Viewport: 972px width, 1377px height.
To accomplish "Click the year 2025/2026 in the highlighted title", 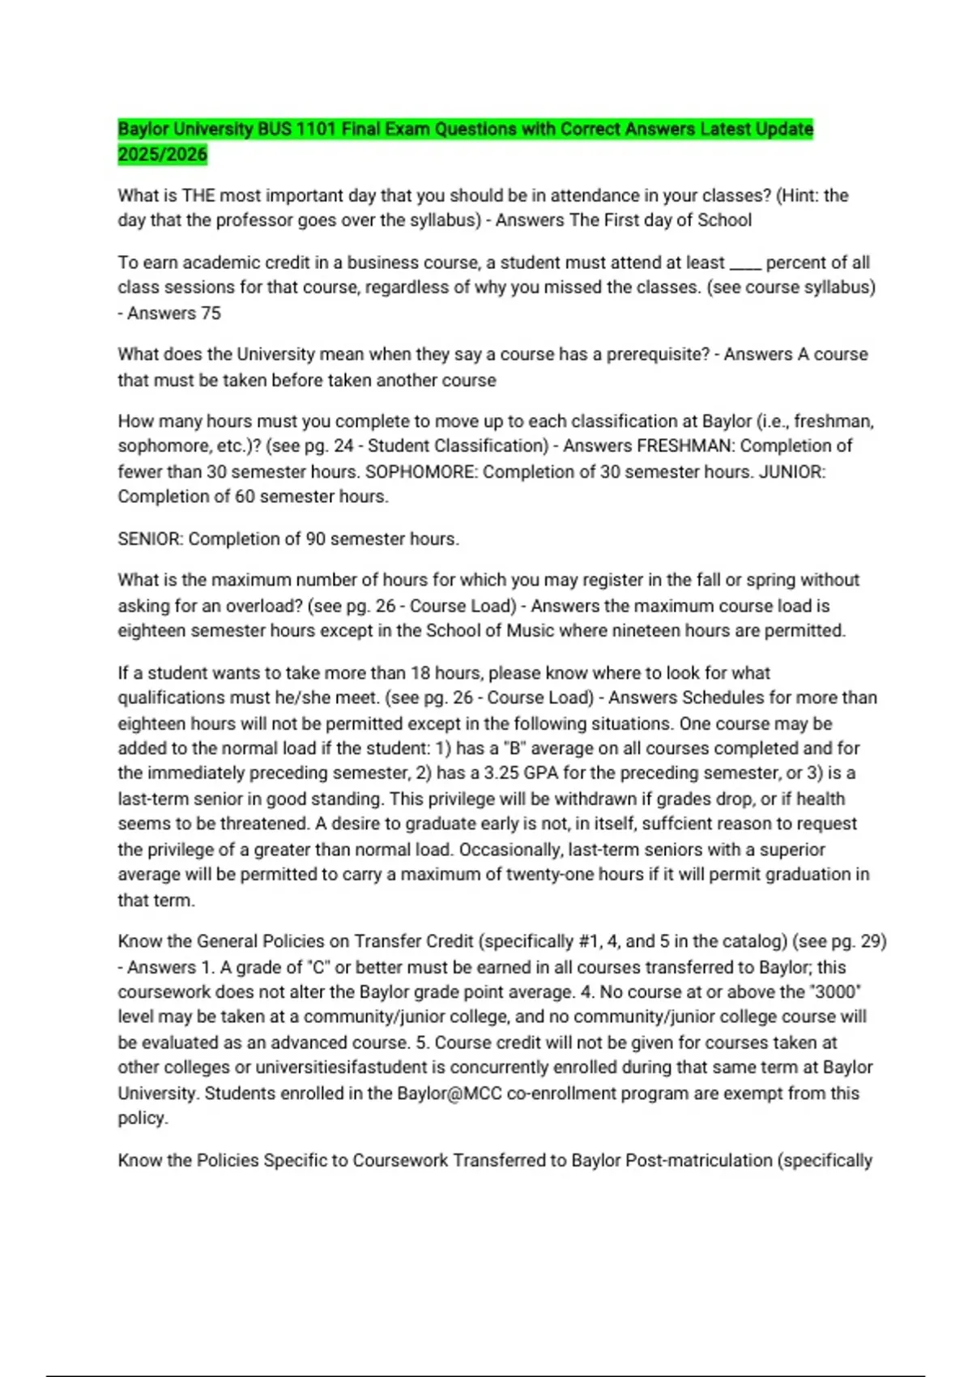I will pos(162,155).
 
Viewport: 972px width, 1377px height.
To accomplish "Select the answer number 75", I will pos(211,313).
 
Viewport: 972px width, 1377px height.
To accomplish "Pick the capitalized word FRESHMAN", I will pos(685,446).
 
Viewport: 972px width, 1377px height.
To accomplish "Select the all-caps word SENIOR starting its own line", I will pos(150,539).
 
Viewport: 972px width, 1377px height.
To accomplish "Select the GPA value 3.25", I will pos(501,774).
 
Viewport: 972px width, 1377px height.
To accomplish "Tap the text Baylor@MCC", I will pos(448,1093).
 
